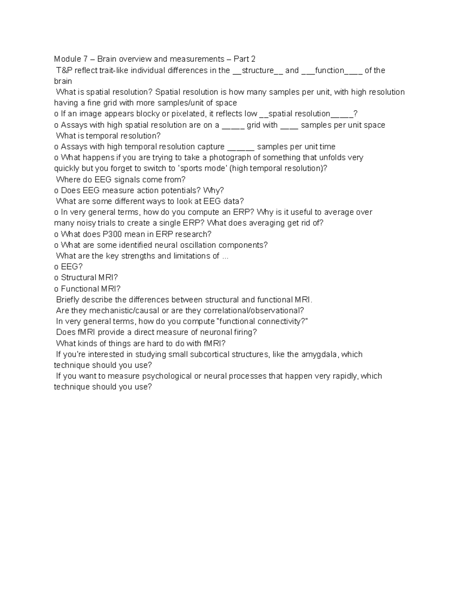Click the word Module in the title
click(67, 59)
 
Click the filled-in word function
click(329, 70)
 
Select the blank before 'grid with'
click(233, 125)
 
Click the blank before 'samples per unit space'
click(289, 125)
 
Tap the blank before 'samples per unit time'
click(241, 147)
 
